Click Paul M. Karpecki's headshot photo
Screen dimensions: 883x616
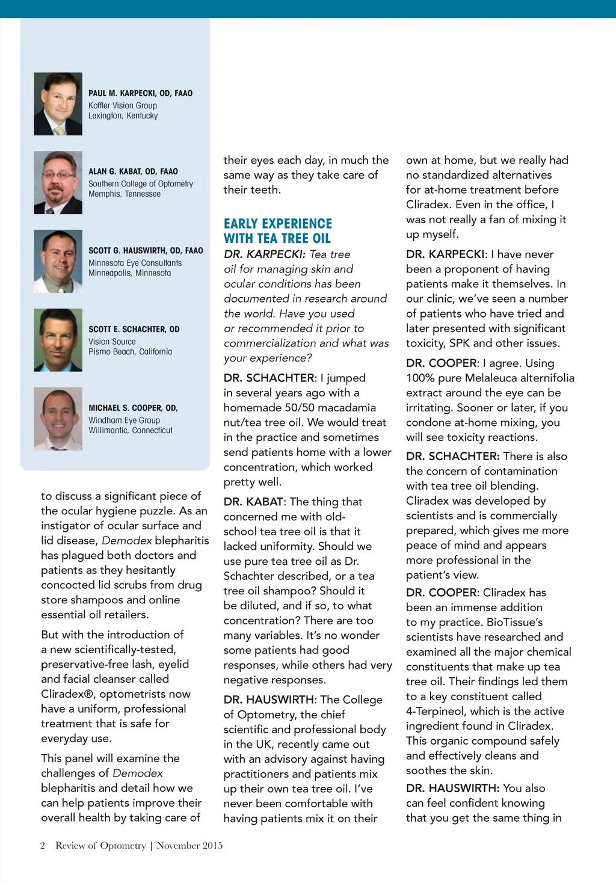[58, 104]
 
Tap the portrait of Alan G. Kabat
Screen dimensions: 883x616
[58, 183]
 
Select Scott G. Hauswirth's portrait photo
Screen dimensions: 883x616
[58, 262]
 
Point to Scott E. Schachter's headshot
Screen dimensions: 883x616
[58, 340]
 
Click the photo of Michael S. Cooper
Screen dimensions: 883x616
[58, 419]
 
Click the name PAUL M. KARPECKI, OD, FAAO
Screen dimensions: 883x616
[140, 93]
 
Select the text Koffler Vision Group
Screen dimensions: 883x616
[123, 105]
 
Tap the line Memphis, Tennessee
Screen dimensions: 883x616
[125, 194]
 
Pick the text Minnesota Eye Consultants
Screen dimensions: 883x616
[135, 263]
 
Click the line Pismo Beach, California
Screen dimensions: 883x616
[130, 351]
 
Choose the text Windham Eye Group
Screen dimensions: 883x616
[124, 420]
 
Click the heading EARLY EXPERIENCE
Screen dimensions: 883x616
[277, 224]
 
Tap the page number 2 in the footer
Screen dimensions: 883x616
[43, 845]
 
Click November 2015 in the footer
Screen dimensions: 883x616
[189, 845]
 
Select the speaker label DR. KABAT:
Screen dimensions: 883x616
[254, 502]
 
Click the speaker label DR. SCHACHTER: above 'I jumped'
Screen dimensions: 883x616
[270, 378]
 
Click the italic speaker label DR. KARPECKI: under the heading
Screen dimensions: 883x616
[265, 254]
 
